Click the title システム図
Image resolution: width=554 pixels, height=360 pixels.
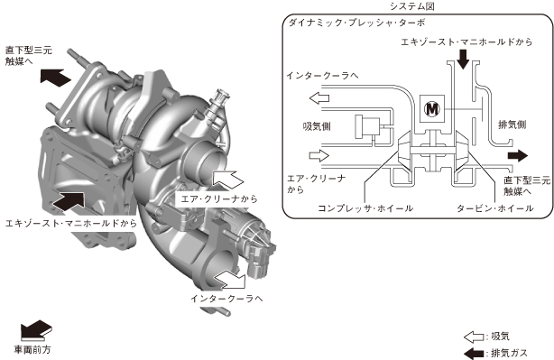[x=412, y=6]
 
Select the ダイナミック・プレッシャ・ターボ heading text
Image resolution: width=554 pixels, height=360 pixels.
[x=356, y=23]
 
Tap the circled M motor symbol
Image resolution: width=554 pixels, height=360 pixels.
[x=432, y=109]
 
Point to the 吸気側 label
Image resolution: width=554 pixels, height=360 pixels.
[x=317, y=126]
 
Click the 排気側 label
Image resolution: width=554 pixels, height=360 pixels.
[x=512, y=125]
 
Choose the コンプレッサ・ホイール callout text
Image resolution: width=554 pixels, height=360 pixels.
[x=365, y=208]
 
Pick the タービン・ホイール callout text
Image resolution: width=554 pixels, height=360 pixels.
[x=495, y=208]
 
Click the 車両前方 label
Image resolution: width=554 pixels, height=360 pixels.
[x=32, y=350]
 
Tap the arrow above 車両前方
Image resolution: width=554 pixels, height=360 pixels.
[x=36, y=330]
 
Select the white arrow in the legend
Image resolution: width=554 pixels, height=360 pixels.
[x=474, y=337]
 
